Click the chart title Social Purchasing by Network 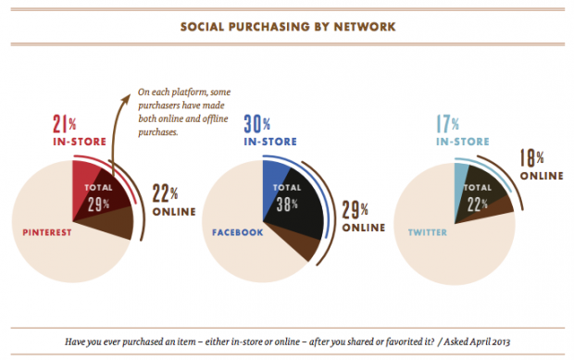pyautogui.click(x=286, y=26)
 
